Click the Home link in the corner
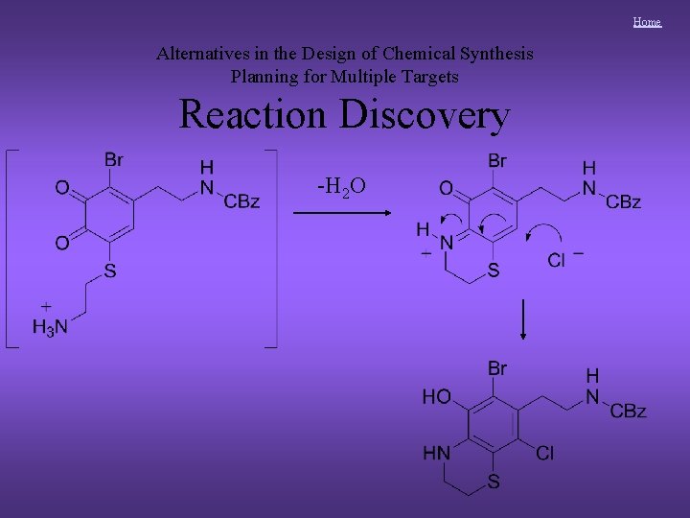pos(647,21)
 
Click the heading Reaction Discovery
pos(344,115)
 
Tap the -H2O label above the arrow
pos(341,185)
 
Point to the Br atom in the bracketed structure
pos(114,159)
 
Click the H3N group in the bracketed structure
pos(50,327)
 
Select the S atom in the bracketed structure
pos(109,271)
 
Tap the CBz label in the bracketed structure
pos(241,200)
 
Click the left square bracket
pos(10,247)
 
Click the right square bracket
pos(272,247)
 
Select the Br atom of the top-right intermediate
pos(496,160)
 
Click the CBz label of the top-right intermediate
pos(623,201)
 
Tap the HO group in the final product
pos(436,396)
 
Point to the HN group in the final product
pos(436,453)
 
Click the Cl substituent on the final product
pos(543,453)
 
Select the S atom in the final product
pos(493,482)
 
